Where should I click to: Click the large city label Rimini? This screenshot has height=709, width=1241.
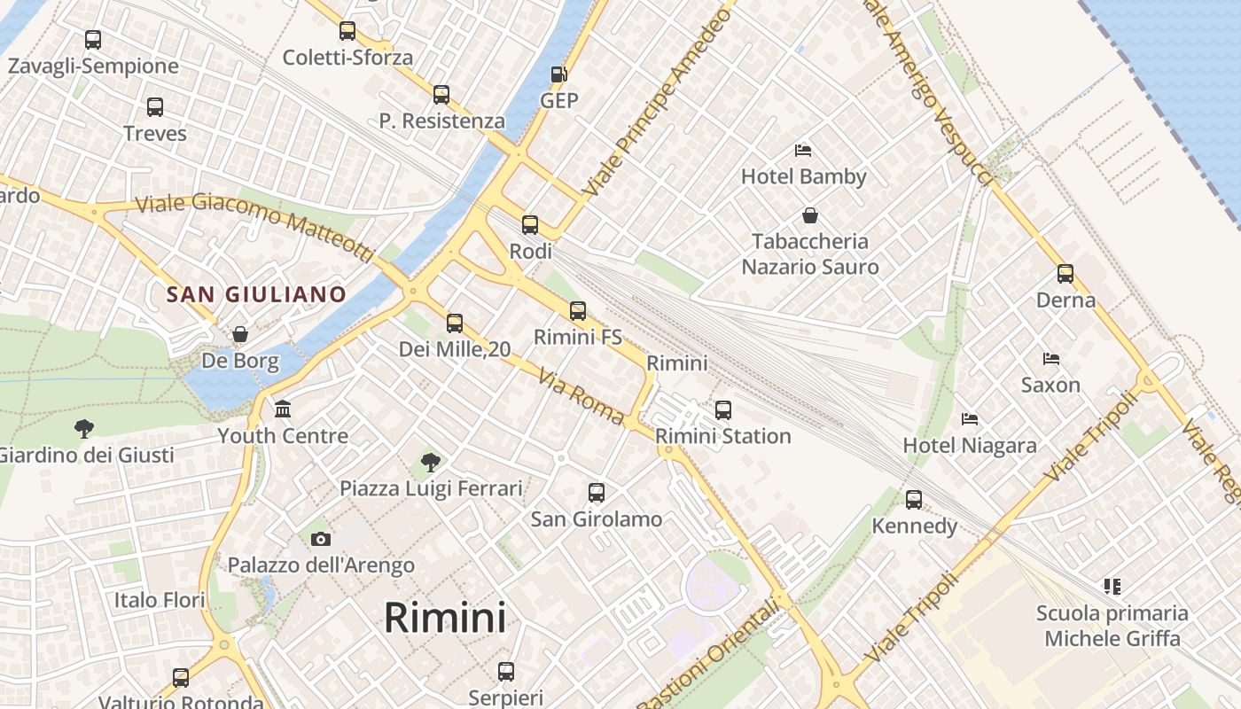445,618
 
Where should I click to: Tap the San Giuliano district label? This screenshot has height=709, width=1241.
256,294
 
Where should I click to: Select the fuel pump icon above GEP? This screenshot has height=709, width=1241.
558,74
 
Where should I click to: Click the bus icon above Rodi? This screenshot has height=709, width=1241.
530,225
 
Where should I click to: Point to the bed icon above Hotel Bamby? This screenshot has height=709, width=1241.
803,150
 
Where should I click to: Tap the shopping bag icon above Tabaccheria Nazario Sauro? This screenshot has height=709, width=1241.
810,215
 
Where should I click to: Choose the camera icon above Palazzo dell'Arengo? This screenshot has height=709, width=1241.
321,539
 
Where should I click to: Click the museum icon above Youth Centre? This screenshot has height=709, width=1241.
283,409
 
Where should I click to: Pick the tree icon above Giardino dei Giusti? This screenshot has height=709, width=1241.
84,429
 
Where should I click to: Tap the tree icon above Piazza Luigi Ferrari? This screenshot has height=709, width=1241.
431,462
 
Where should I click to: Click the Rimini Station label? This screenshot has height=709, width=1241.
723,436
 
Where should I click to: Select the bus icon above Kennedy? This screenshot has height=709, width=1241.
914,500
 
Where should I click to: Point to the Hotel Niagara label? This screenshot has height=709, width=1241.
970,445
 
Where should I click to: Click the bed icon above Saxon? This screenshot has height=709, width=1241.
1051,359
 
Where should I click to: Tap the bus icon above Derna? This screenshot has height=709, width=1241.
1065,274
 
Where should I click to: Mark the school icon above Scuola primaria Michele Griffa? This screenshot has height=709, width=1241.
1112,586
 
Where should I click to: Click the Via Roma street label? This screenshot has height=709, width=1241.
581,396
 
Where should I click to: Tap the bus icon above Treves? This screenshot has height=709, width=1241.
155,107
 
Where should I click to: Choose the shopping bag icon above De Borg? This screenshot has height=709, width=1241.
239,334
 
